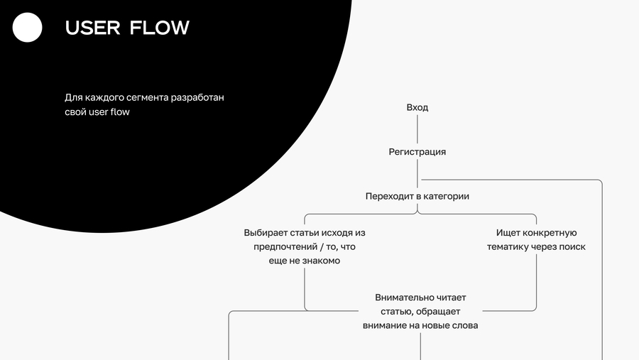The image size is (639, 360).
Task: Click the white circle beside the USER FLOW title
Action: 28,28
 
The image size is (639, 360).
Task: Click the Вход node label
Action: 417,108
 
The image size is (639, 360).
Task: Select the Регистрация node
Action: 417,152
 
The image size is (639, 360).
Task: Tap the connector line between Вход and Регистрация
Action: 417,130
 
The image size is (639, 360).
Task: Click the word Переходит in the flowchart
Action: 388,197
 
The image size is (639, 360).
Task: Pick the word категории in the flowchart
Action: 447,197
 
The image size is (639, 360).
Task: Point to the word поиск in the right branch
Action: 572,247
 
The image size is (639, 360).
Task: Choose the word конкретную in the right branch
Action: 551,233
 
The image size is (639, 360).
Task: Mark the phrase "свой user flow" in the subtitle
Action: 97,112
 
